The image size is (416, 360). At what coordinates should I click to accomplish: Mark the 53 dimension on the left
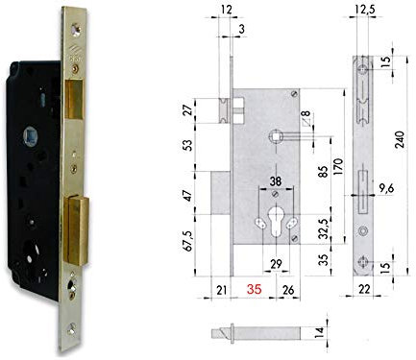pyautogui.click(x=192, y=144)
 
